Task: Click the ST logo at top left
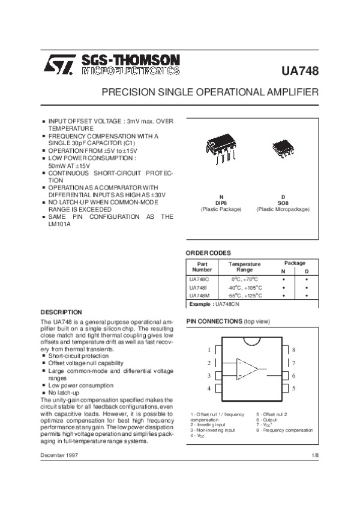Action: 58,65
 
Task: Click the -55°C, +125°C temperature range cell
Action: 245,296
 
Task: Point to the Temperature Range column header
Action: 245,267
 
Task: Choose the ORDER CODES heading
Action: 208,253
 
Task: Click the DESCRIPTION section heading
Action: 61,312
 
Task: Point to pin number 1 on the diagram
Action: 209,350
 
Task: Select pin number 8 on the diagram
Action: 293,350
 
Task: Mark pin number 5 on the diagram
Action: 293,388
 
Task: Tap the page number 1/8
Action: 315,457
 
